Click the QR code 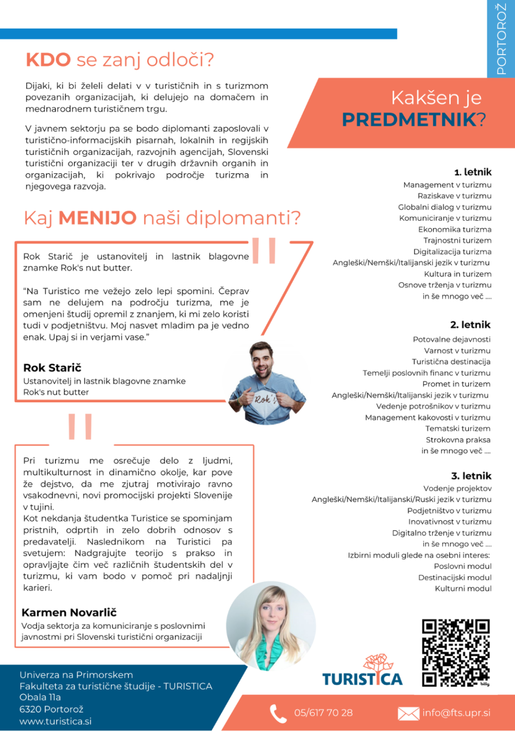[x=456, y=653]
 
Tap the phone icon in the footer [x=278, y=713]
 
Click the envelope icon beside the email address [x=408, y=713]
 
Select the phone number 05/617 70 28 [x=323, y=713]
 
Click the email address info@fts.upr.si [x=456, y=713]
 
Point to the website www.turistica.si [x=56, y=721]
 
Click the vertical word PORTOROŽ [x=501, y=39]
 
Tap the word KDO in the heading [x=48, y=60]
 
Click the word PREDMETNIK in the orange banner [x=409, y=120]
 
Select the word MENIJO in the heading [x=97, y=218]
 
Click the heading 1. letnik [x=472, y=172]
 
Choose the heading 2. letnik [x=470, y=325]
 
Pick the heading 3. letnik [x=471, y=476]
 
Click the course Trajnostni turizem [x=457, y=240]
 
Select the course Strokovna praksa [x=458, y=440]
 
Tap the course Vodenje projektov [x=457, y=488]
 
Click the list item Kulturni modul [x=463, y=588]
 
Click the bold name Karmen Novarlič [x=69, y=613]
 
